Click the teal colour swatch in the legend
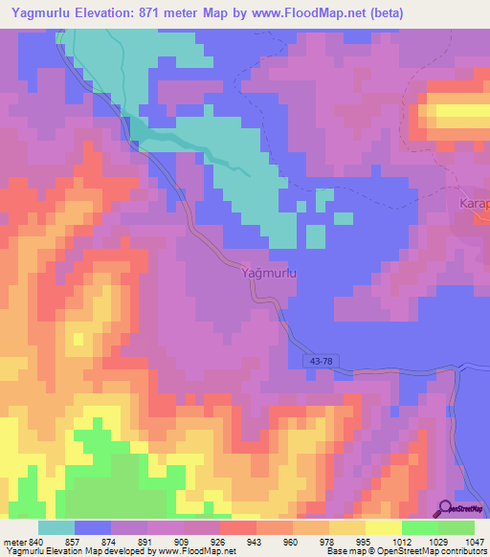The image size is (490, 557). click(x=56, y=527)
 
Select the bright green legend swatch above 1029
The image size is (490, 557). click(x=419, y=527)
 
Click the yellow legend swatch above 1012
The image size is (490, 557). click(x=383, y=527)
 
